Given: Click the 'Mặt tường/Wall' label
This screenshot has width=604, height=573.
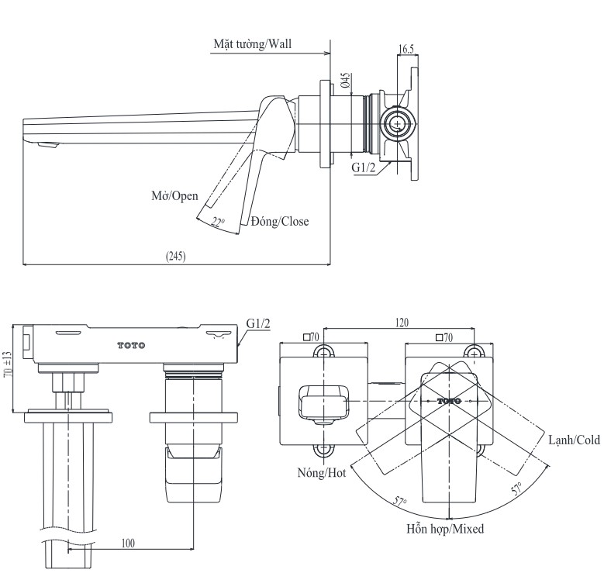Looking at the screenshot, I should tap(254, 44).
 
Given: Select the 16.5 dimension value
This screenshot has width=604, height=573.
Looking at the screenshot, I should tap(406, 49).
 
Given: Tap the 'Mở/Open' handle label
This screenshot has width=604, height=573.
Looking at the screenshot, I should tap(174, 195).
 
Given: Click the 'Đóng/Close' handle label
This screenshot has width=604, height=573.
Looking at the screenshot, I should tap(279, 222).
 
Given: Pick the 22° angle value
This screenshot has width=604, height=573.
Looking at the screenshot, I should tap(218, 223).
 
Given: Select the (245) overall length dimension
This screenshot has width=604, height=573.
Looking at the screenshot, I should tap(176, 256).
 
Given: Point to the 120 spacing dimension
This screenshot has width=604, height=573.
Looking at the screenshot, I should tap(402, 323).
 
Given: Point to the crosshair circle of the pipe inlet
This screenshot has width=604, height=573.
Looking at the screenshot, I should tap(399, 123).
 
